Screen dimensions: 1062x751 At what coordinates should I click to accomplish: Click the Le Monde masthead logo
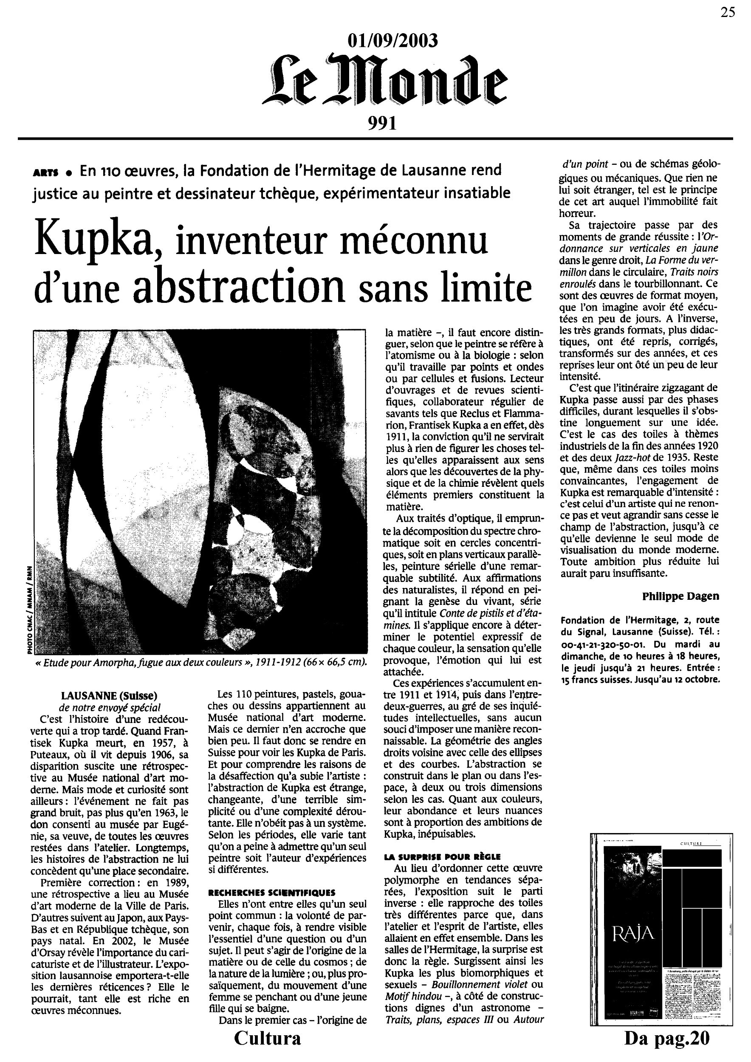click(x=385, y=81)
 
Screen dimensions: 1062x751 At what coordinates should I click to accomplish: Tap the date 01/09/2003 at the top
click(x=392, y=41)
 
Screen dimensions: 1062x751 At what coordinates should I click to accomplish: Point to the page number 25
click(x=727, y=12)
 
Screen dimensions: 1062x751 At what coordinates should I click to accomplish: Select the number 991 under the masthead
click(x=382, y=124)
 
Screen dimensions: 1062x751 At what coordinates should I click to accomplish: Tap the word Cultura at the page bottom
click(x=267, y=1050)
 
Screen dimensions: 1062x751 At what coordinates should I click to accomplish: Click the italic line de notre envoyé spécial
click(x=110, y=707)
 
